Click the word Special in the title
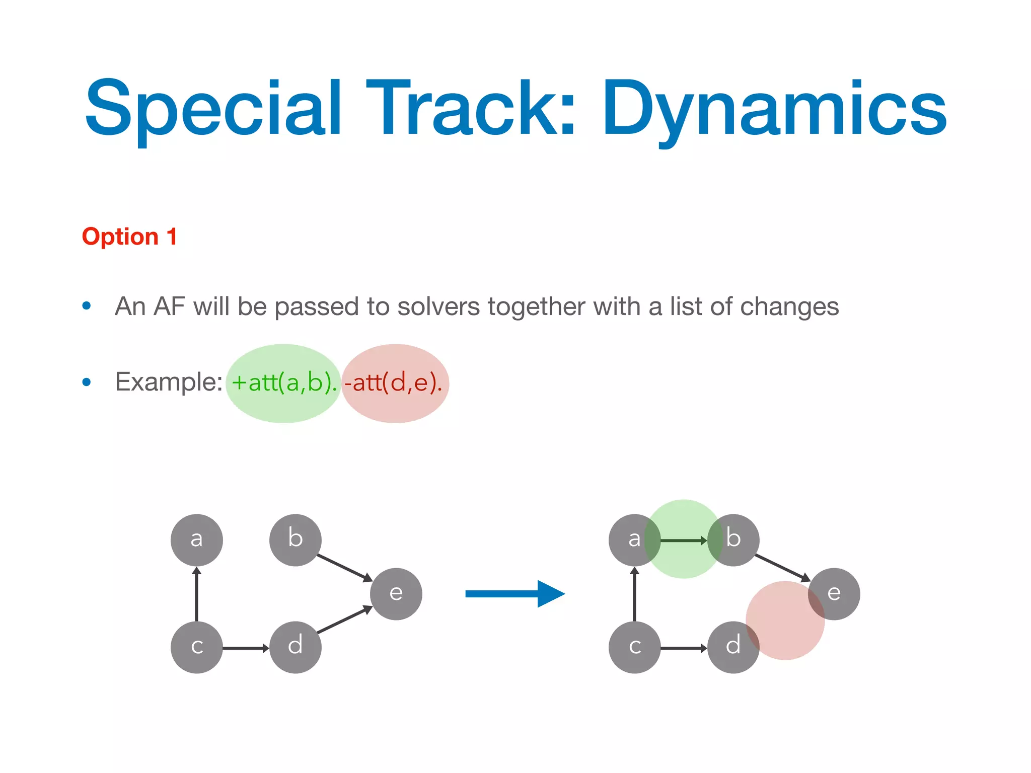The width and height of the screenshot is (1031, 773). tap(214, 108)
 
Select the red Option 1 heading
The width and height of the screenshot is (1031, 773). tap(129, 237)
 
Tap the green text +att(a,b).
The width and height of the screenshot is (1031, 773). tap(284, 383)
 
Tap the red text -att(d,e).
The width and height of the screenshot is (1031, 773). tap(393, 383)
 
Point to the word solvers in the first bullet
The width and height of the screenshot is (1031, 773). tap(438, 306)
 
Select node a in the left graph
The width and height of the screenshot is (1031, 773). tap(196, 540)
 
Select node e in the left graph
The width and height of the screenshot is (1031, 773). tap(396, 594)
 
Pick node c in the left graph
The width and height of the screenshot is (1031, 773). tap(196, 647)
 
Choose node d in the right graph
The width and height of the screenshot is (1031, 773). tap(733, 647)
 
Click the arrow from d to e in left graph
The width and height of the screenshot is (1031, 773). tap(344, 620)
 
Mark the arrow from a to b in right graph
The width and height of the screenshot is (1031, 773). tap(683, 540)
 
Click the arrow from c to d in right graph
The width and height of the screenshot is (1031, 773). tap(683, 648)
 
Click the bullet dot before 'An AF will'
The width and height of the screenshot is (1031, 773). tap(87, 305)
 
